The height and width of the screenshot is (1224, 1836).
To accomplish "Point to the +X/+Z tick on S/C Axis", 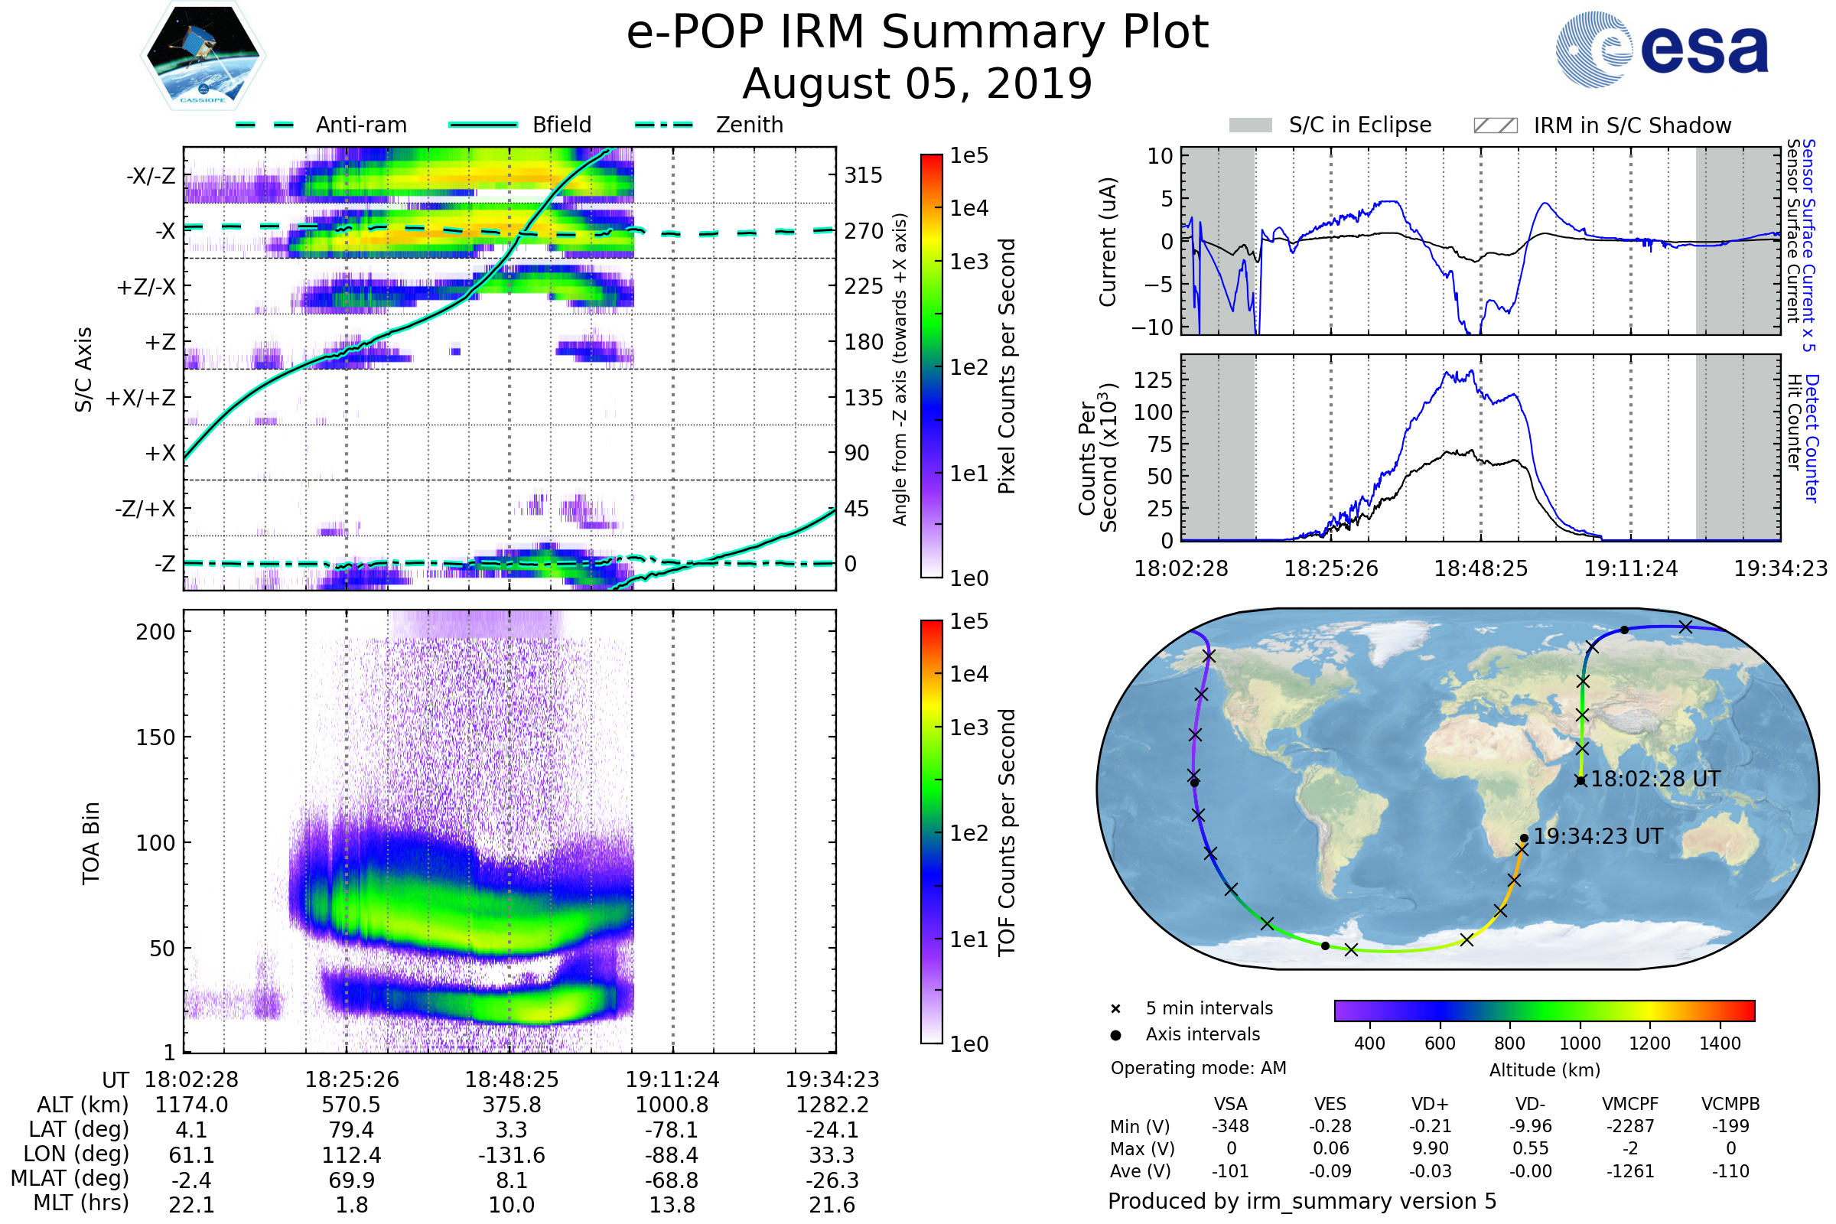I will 141,398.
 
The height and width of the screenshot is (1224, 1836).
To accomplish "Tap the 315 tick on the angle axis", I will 863,175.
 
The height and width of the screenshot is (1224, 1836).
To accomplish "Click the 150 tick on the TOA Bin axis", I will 155,737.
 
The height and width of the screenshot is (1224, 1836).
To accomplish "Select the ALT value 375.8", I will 511,1105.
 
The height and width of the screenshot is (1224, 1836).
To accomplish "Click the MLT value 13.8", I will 672,1204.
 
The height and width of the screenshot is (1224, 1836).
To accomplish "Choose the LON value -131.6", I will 511,1154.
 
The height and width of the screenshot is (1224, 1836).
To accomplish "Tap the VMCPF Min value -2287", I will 1630,1126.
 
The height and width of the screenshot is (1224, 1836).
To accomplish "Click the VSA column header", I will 1230,1104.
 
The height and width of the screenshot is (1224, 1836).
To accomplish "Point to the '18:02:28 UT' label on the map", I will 1655,779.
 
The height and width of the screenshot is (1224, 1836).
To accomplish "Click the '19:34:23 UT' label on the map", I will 1598,836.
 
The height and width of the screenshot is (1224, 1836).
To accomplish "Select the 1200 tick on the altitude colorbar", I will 1649,1043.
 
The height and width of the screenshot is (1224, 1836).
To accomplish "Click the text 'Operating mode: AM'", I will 1198,1068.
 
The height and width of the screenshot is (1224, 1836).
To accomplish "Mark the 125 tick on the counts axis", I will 1153,380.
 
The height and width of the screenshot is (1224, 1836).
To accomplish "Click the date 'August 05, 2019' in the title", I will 917,83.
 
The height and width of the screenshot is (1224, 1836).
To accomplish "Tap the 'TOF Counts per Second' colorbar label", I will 1007,832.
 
